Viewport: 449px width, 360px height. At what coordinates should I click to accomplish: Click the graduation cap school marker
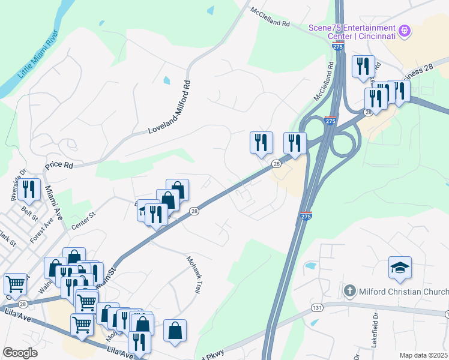(400, 268)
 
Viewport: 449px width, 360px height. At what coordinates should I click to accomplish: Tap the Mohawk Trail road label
(192, 274)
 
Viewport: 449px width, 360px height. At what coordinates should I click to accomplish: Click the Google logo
(20, 353)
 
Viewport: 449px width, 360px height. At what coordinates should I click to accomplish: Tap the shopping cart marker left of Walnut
(14, 283)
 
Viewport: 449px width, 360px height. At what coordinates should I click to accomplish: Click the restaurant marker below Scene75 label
(363, 66)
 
